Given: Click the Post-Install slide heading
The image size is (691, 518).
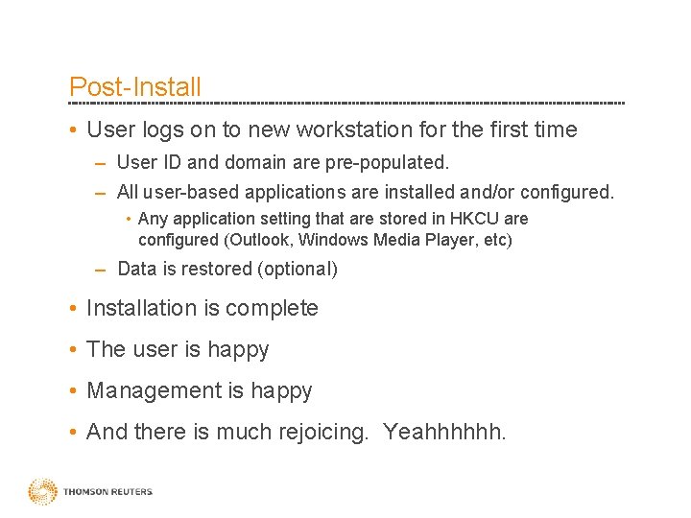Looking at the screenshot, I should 135,86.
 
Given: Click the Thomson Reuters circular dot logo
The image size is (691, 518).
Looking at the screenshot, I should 42,491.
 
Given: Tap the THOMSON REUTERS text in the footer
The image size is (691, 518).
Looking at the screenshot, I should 107,492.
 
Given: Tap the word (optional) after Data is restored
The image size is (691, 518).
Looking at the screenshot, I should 297,269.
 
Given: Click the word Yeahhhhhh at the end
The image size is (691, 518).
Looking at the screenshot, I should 444,432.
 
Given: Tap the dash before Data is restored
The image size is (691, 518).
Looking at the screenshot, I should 100,269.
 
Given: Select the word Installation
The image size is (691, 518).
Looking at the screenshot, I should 140,308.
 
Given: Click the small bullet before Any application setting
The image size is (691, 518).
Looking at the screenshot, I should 130,219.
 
